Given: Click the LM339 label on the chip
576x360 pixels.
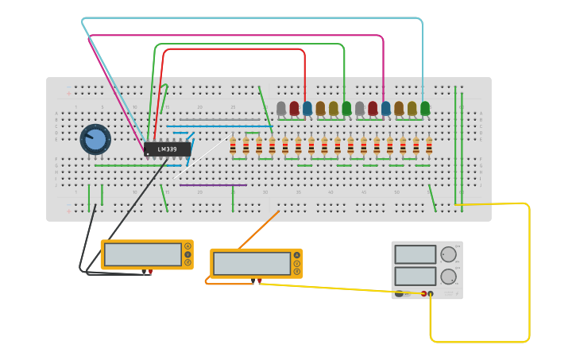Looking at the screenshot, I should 168,149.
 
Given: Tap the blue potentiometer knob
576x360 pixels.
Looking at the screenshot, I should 95,139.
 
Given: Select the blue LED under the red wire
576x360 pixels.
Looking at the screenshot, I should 307,108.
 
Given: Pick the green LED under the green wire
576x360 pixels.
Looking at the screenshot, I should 346,108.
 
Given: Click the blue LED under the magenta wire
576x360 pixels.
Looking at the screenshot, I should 385,108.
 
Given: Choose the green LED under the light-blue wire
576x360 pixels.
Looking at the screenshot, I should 425,108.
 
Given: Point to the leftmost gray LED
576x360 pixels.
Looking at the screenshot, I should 281,108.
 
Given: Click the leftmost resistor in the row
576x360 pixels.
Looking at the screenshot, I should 233,145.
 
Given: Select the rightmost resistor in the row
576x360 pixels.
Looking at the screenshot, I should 429,145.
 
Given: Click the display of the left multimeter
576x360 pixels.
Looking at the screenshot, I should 143,254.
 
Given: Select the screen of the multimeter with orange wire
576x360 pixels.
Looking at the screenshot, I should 252,264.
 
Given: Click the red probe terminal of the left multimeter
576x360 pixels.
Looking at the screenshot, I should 150,272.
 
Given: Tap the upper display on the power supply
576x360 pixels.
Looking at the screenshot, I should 416,254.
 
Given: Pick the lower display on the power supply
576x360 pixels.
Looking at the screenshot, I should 416,276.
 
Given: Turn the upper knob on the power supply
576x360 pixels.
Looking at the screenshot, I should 449,254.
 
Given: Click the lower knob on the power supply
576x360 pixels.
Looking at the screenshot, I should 449,277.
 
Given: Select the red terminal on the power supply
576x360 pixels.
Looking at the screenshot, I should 423,294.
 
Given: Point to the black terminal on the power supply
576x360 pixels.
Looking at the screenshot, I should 431,294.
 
